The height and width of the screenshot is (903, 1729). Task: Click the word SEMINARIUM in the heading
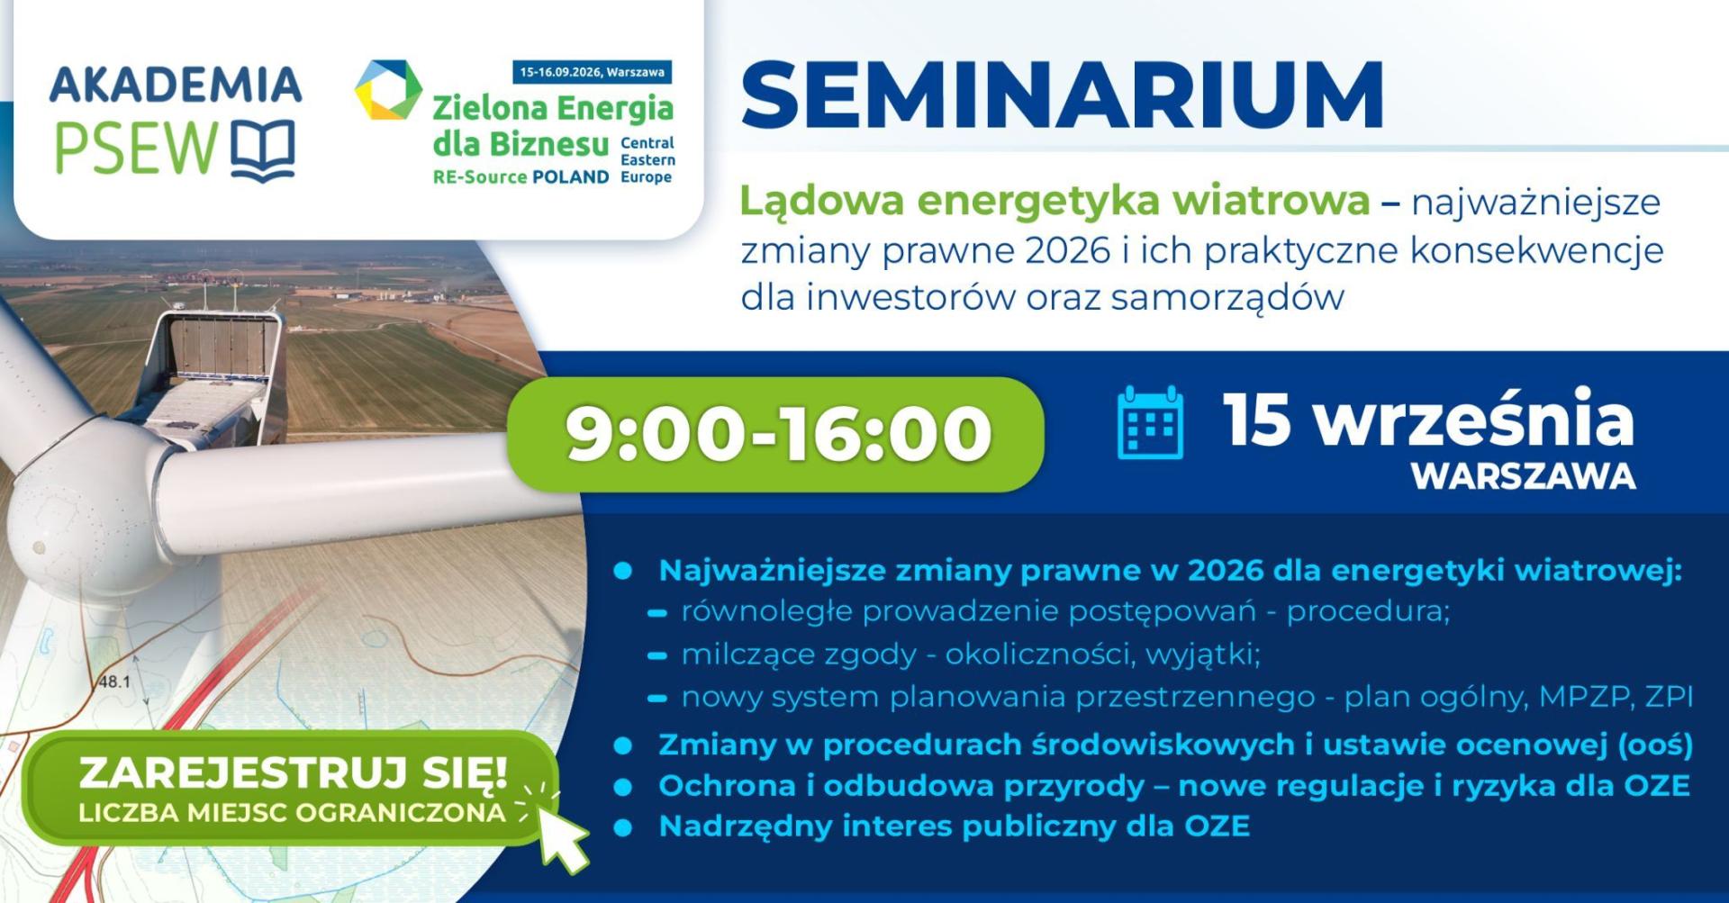coord(1062,95)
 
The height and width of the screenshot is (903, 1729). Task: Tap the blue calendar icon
coord(1150,422)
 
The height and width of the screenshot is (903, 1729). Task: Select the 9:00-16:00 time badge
coord(776,434)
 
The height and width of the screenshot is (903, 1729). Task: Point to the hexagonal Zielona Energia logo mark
coord(388,90)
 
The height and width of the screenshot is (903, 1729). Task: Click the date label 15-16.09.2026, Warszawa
coord(592,72)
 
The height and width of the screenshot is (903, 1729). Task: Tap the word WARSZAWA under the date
coord(1524,476)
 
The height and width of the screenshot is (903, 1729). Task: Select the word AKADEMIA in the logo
coord(176,85)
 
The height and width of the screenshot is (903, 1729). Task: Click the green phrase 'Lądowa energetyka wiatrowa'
coord(1055,202)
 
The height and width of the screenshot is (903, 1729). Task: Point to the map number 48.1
coord(113,682)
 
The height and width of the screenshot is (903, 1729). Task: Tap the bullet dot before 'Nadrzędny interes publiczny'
coord(622,826)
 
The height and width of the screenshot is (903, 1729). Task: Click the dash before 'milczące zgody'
coord(657,656)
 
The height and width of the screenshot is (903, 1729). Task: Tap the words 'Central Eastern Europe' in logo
coord(647,160)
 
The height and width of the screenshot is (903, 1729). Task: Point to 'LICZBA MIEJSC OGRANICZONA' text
coord(292,813)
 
